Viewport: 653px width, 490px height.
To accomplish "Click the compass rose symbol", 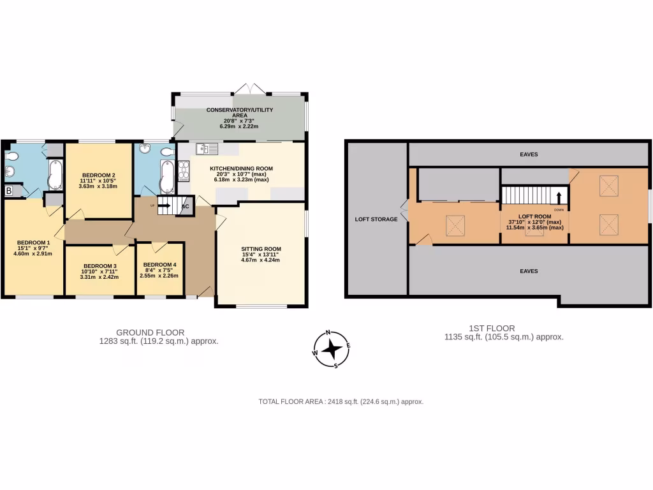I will [x=332, y=349].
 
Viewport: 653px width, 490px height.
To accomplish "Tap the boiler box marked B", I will [x=9, y=191].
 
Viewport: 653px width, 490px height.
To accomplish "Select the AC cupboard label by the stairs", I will [x=186, y=206].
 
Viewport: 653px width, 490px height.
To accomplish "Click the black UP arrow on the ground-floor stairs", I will [x=163, y=205].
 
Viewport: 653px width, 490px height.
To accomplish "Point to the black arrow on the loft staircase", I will [x=559, y=197].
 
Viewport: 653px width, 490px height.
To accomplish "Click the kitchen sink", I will [x=207, y=149].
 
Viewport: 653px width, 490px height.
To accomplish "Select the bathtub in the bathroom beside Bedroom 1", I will [x=54, y=174].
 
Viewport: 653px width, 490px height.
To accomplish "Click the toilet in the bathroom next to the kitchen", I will [x=168, y=152].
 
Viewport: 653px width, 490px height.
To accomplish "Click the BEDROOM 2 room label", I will [x=99, y=175].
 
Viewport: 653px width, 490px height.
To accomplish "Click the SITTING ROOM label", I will [x=261, y=249].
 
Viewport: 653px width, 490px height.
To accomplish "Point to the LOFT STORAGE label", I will [x=376, y=219].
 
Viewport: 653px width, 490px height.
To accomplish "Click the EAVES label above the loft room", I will [x=528, y=154].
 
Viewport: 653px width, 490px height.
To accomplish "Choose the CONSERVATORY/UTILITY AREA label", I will [x=239, y=113].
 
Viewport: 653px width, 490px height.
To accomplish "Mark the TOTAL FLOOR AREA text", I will [x=341, y=401].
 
